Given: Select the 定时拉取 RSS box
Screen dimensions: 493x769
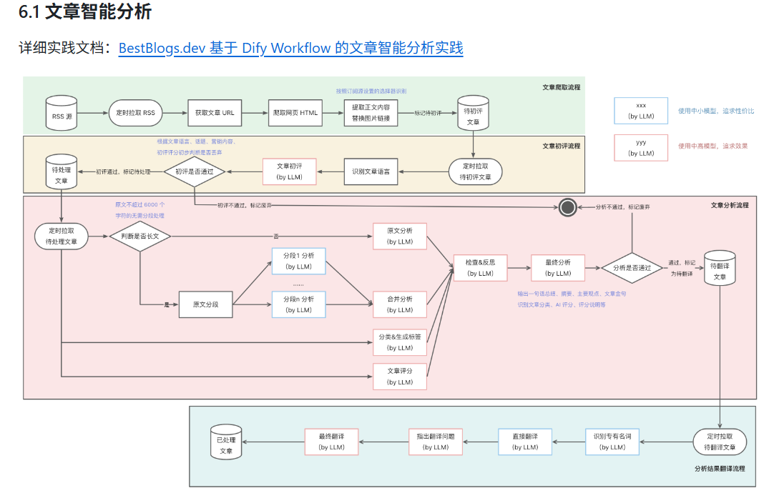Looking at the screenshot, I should (134, 113).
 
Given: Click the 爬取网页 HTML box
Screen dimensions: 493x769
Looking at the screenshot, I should (295, 113).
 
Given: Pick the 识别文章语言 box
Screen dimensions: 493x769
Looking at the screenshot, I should (371, 171).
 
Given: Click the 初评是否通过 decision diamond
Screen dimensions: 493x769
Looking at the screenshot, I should (195, 171).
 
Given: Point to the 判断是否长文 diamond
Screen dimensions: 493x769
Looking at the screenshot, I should (139, 236).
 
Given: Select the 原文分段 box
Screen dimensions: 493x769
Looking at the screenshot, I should (206, 304).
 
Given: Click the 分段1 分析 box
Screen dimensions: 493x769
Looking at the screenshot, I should (298, 261).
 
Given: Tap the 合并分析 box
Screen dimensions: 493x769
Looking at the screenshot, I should (400, 304).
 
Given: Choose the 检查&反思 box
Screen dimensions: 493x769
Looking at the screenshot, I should (480, 268).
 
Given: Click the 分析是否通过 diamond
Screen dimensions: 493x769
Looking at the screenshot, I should (632, 268).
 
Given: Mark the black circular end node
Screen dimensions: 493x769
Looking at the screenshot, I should (568, 207).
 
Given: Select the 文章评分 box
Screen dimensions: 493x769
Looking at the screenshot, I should (400, 377).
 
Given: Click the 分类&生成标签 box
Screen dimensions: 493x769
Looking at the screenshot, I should (400, 342).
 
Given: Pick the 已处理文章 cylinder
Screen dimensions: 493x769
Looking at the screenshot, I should (226, 442).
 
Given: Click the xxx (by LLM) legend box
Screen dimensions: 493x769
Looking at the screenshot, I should (641, 111).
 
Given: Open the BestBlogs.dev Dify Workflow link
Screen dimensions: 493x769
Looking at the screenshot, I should (290, 49).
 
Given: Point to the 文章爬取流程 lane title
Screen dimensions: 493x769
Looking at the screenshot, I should (561, 87).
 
